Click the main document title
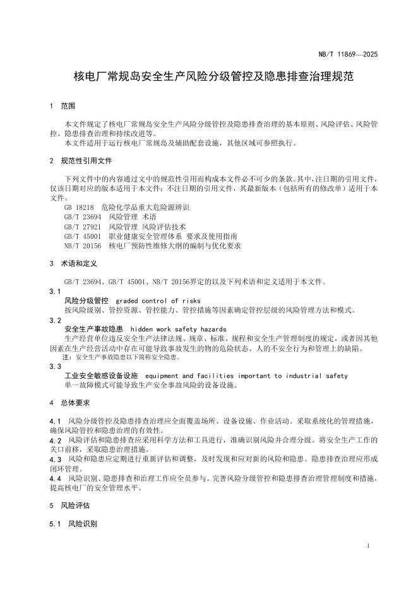213,78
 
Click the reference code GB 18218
79,207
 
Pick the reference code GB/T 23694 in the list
82,217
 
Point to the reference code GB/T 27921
82,226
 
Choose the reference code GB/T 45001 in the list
82,236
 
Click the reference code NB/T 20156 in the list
82,245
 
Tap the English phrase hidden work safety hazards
178,329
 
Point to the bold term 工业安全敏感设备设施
101,376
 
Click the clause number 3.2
55,320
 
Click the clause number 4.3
55,460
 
